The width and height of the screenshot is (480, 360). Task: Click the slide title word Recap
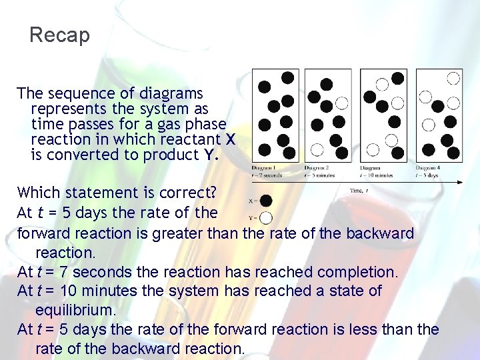click(59, 35)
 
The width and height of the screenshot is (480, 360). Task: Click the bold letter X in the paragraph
click(231, 139)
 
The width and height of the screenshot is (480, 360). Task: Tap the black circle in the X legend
click(266, 201)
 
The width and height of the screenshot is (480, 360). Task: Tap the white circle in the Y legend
click(266, 217)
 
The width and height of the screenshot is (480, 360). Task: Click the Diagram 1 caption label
click(265, 168)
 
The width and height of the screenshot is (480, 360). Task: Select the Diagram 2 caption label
click(319, 168)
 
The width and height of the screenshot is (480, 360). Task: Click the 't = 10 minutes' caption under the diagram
click(376, 175)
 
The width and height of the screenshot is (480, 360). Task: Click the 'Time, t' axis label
click(359, 191)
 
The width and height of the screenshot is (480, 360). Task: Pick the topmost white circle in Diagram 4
click(453, 79)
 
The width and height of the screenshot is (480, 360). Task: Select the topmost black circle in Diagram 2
click(326, 84)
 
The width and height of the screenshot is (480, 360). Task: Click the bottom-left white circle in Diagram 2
click(317, 149)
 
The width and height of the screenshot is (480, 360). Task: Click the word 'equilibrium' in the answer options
click(75, 310)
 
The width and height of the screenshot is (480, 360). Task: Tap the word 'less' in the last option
click(360, 329)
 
